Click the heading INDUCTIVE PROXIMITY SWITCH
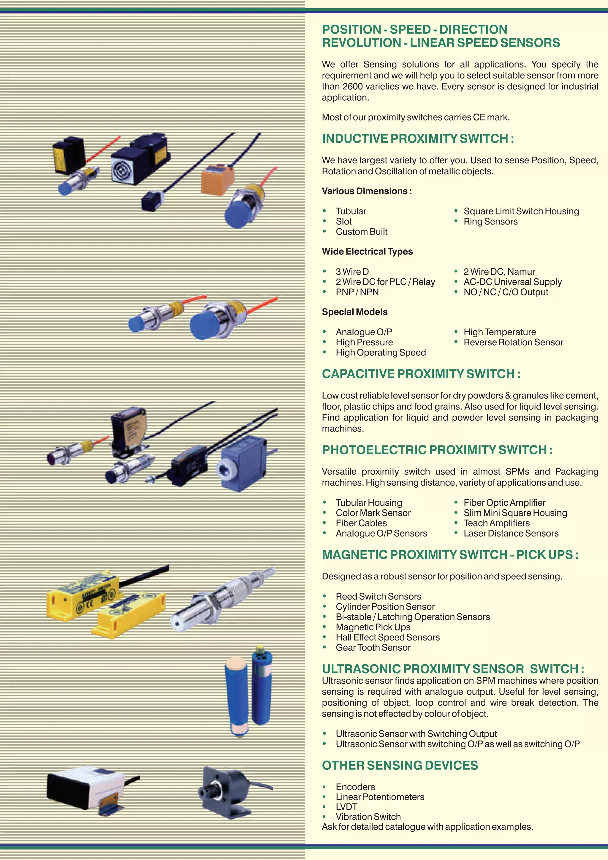coord(418,139)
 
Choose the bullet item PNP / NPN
coord(357,292)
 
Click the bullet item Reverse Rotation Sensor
coord(513,342)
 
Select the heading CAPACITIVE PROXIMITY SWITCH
coord(421,374)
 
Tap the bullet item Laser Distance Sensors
coord(511,533)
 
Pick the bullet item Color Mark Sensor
coord(373,513)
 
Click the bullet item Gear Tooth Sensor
coord(373,647)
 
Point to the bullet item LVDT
coord(346,807)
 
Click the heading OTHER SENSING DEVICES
coord(400,765)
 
